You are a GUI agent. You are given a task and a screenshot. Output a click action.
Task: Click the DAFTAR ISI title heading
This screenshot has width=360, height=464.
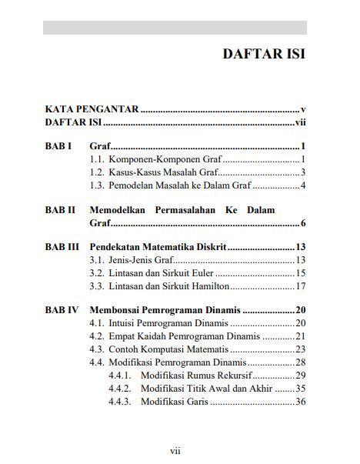point(264,55)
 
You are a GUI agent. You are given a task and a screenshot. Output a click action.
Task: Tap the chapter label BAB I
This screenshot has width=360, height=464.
point(58,146)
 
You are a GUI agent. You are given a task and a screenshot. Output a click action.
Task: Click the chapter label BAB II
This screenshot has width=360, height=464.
point(60,209)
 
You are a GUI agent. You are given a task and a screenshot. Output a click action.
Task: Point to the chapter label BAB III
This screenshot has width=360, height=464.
point(62,246)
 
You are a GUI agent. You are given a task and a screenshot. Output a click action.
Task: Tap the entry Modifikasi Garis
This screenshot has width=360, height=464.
point(175,401)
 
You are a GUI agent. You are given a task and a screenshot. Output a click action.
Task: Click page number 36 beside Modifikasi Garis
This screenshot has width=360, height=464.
point(301,401)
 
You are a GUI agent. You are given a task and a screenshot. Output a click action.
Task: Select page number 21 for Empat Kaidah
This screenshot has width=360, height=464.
point(301,336)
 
